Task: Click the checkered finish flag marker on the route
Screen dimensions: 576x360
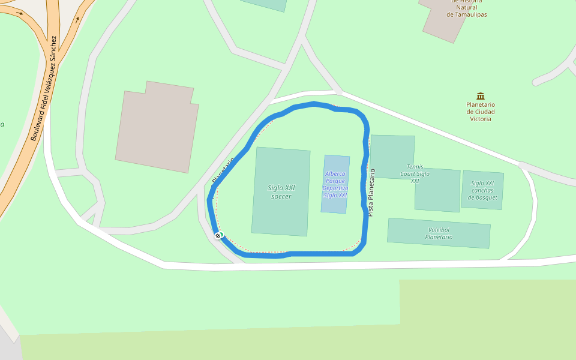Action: pyautogui.click(x=218, y=235)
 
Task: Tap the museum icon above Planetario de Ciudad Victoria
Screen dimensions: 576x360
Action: pyautogui.click(x=481, y=96)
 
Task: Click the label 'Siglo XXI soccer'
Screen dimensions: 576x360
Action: pyautogui.click(x=281, y=192)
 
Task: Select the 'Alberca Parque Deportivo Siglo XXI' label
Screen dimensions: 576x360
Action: pyautogui.click(x=335, y=184)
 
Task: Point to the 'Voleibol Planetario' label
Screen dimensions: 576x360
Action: pyautogui.click(x=439, y=233)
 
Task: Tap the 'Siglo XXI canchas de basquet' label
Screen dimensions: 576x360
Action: pyautogui.click(x=482, y=190)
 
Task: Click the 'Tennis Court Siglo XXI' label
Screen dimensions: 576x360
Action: pyautogui.click(x=415, y=173)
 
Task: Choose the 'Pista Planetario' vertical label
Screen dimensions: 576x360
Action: pyautogui.click(x=371, y=193)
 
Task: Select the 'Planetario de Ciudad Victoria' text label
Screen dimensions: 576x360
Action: pyautogui.click(x=481, y=112)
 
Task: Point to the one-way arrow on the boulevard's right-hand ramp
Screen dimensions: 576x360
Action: pyautogui.click(x=77, y=19)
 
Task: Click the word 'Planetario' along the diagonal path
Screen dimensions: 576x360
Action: pyautogui.click(x=223, y=170)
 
